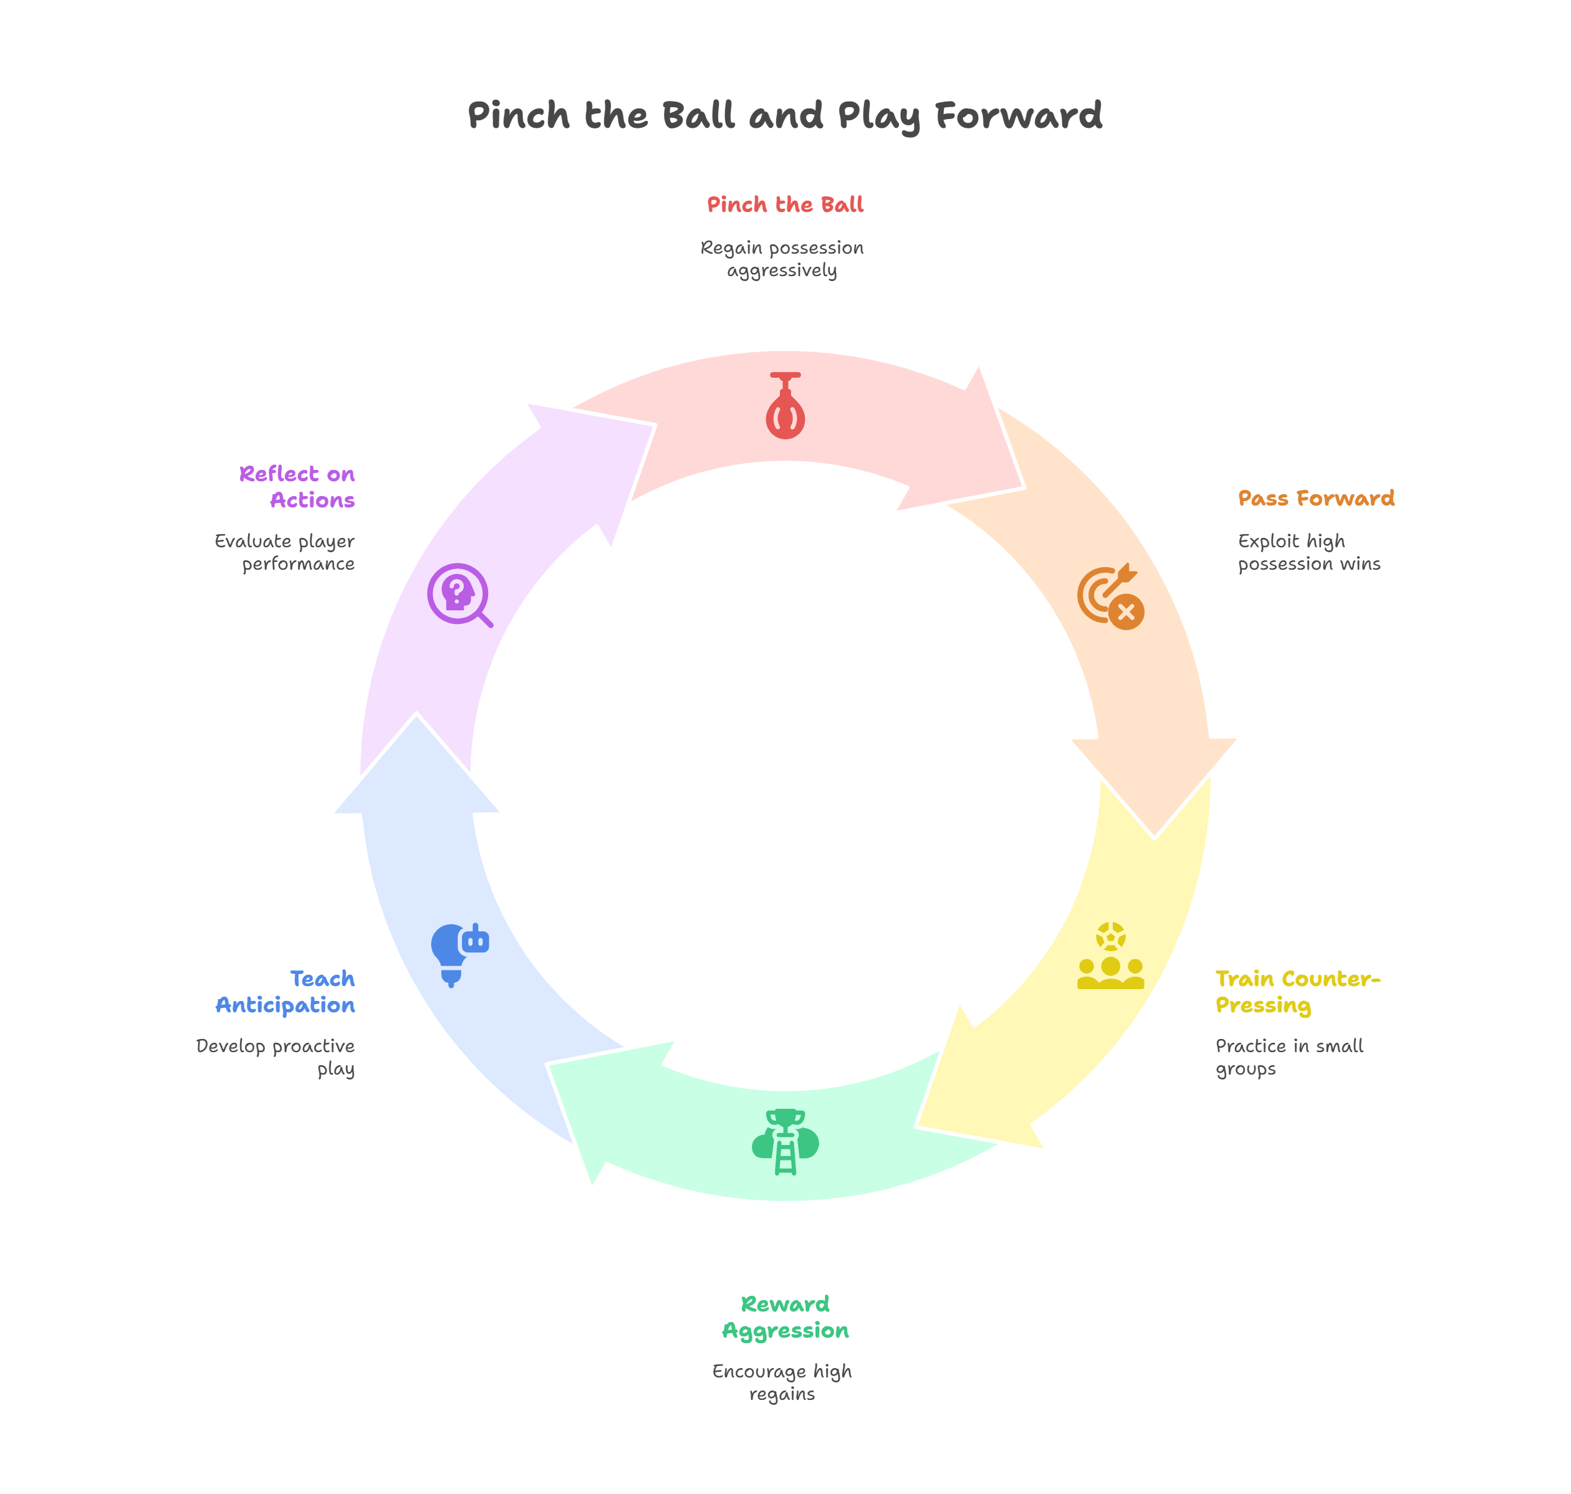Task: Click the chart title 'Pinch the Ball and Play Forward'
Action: pyautogui.click(x=785, y=115)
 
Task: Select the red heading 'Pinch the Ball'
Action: pyautogui.click(x=785, y=204)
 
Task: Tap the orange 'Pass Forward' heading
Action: pyautogui.click(x=1316, y=499)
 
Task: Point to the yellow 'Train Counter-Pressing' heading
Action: pyautogui.click(x=1297, y=992)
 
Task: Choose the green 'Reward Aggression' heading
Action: pyautogui.click(x=785, y=1317)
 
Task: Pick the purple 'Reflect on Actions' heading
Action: pyautogui.click(x=298, y=487)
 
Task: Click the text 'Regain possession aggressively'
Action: pyautogui.click(x=782, y=259)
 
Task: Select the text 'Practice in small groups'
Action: pyautogui.click(x=1289, y=1057)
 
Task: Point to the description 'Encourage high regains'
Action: pyautogui.click(x=782, y=1382)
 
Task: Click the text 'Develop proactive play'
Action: pyautogui.click(x=276, y=1057)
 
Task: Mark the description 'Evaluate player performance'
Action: pyautogui.click(x=285, y=553)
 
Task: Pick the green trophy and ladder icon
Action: pyautogui.click(x=785, y=1141)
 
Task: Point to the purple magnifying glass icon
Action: pyautogui.click(x=459, y=595)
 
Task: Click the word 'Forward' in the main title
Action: pyautogui.click(x=1019, y=115)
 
